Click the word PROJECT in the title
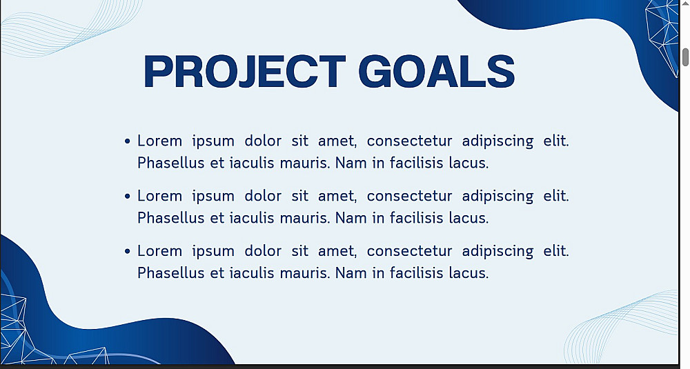click(x=244, y=71)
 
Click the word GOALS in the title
click(x=437, y=71)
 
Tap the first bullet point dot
click(x=128, y=141)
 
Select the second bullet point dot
click(x=128, y=196)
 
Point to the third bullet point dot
click(x=128, y=251)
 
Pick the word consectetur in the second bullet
click(x=409, y=196)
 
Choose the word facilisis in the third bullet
click(x=416, y=272)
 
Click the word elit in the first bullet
click(x=556, y=141)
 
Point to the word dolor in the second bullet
click(x=263, y=196)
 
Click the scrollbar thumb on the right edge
click(x=686, y=57)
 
